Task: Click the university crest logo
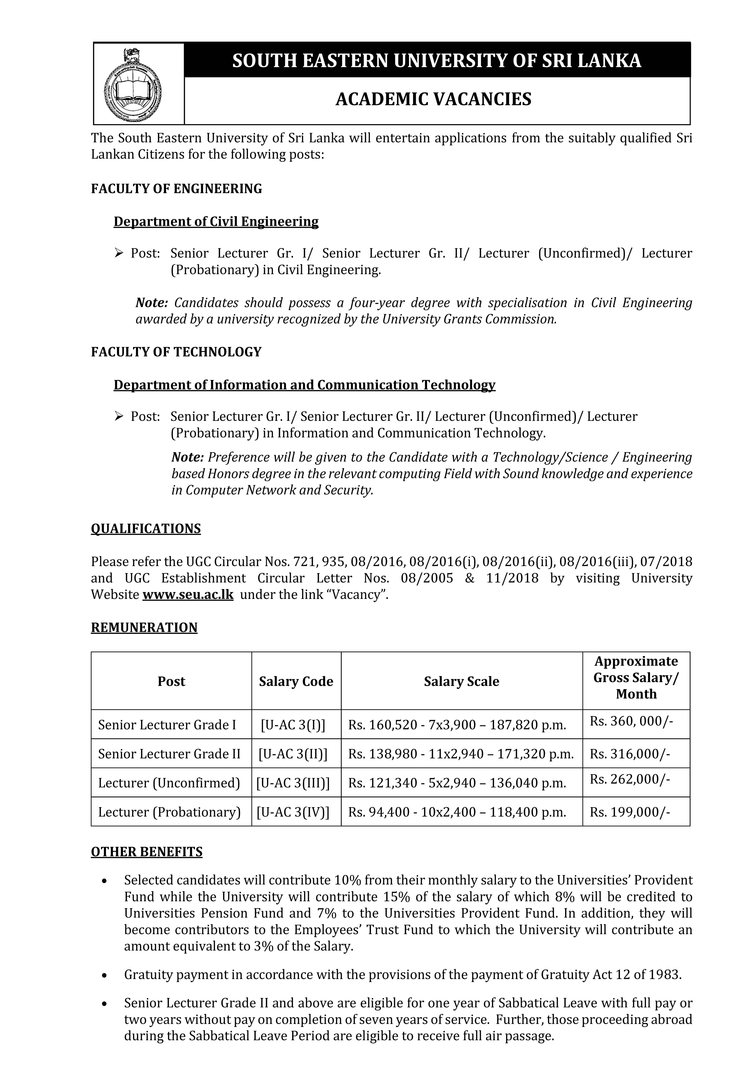tap(132, 84)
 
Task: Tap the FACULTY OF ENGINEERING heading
tap(176, 189)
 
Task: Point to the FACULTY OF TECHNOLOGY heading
tap(176, 352)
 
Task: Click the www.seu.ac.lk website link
tap(188, 595)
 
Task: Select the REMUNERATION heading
tap(144, 628)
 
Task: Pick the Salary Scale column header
tap(461, 681)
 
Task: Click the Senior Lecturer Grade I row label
tap(167, 725)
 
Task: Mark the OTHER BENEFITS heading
tap(146, 852)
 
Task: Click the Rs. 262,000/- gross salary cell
tap(629, 779)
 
